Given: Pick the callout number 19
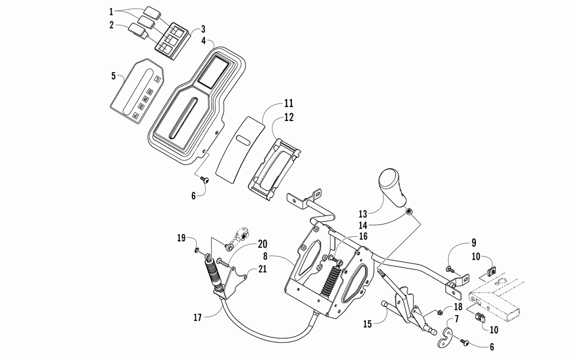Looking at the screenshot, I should click(x=180, y=238).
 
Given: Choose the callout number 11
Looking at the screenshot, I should click(x=272, y=104).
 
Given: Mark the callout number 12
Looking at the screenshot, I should click(x=272, y=117).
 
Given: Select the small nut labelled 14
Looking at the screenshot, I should click(x=408, y=212).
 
